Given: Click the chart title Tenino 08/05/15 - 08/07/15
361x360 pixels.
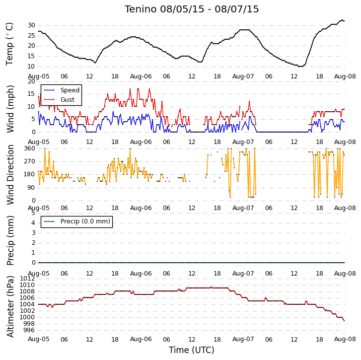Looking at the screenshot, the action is pos(192,9).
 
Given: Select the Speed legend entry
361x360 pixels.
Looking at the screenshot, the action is pos(62,90).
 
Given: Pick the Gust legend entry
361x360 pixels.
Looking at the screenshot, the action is pos(60,99).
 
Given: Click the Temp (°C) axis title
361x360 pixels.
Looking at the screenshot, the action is pos(9,44).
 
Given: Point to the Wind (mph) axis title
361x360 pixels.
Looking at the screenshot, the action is pos(10,109).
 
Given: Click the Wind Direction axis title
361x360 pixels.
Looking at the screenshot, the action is pos(10,175).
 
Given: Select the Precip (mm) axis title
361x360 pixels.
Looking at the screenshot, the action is pos(10,240).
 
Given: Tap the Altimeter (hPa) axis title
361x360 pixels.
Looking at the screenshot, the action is pos(10,306).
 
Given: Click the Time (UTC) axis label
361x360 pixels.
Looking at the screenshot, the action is pos(192,350).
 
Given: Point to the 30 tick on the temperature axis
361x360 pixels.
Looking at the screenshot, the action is pos(32,25).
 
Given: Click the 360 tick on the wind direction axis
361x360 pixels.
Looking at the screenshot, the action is pos(30,148).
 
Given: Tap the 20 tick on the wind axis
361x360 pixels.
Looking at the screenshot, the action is pos(32,81).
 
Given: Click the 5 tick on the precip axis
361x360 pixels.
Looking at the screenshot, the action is pos(33,213).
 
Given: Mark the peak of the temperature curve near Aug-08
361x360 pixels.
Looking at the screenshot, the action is pos(342,20).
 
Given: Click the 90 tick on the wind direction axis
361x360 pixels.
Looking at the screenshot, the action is pos(32,188).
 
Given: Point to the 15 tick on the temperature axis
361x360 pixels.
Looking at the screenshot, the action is pos(32,56).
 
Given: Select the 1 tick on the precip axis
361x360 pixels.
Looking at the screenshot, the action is pos(33,253).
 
